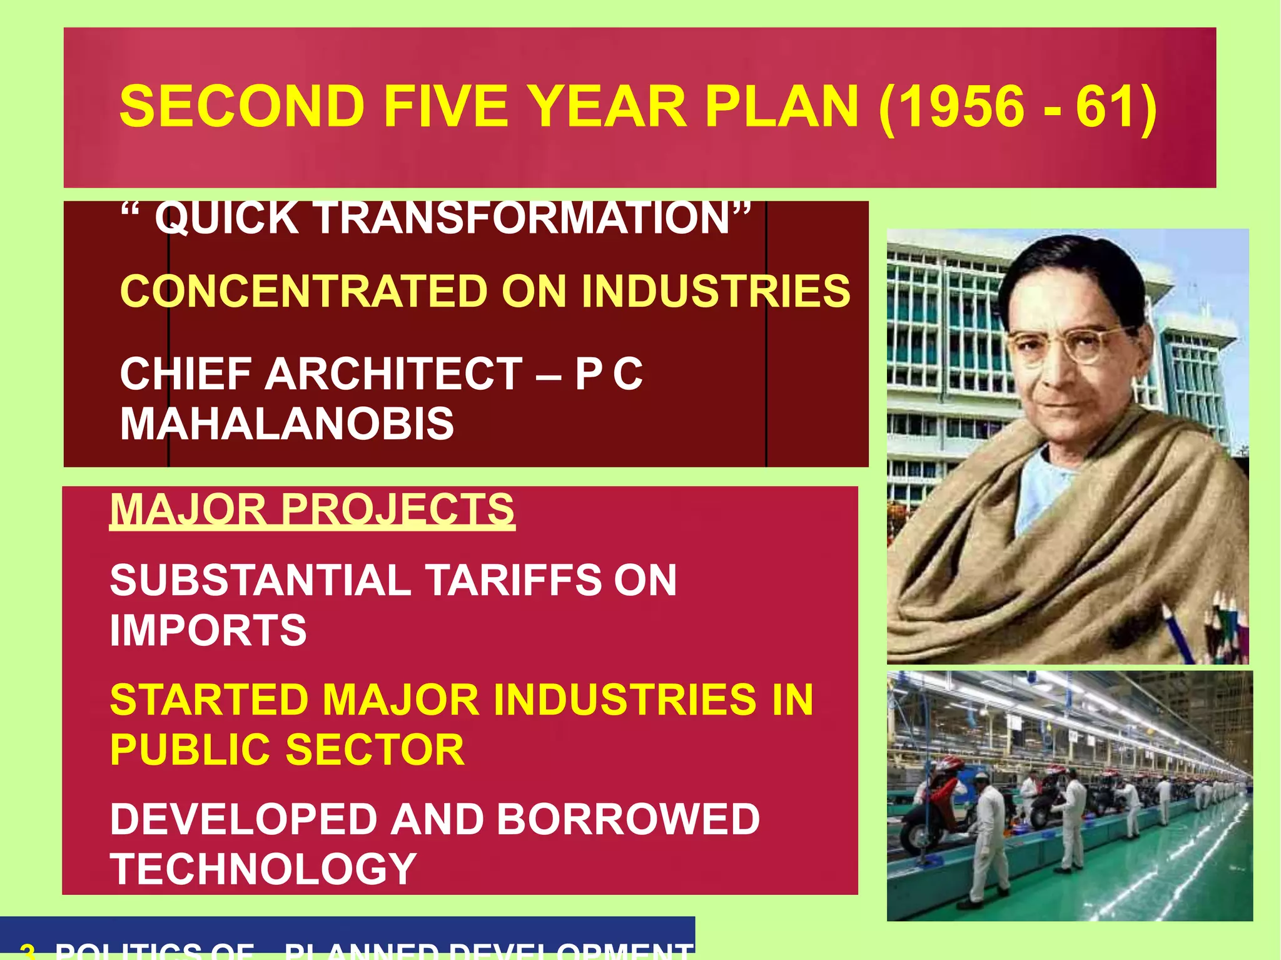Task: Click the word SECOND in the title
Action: click(x=242, y=106)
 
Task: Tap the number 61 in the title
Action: click(x=1107, y=106)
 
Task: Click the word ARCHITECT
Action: click(x=393, y=374)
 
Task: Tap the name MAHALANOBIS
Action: click(x=286, y=424)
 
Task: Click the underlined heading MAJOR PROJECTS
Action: click(x=312, y=509)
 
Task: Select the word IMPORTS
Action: click(x=208, y=630)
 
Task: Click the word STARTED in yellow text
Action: click(x=209, y=700)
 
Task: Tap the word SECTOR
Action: click(x=375, y=750)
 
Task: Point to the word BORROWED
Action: click(x=628, y=819)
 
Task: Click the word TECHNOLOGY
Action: click(x=263, y=869)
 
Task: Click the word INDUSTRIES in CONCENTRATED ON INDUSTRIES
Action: click(x=716, y=292)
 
